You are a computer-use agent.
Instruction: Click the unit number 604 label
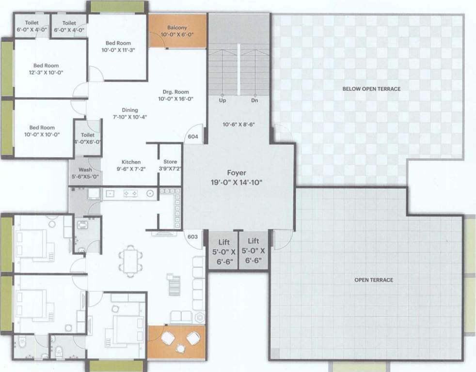(x=193, y=137)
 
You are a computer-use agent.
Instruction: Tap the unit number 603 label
(x=192, y=236)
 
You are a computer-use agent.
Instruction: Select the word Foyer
(x=237, y=173)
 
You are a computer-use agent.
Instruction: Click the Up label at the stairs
(x=222, y=101)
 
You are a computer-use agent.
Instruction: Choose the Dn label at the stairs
(x=254, y=101)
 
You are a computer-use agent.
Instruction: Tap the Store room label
(x=170, y=162)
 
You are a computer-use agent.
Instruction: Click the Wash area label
(x=85, y=170)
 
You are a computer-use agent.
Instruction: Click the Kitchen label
(x=131, y=162)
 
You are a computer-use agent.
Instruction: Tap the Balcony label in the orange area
(x=177, y=28)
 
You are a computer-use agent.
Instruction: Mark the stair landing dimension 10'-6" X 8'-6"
(x=238, y=124)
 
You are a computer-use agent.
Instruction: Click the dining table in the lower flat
(x=129, y=260)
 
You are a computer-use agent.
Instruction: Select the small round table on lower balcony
(x=180, y=347)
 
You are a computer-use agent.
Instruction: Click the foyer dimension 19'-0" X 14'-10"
(x=237, y=183)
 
